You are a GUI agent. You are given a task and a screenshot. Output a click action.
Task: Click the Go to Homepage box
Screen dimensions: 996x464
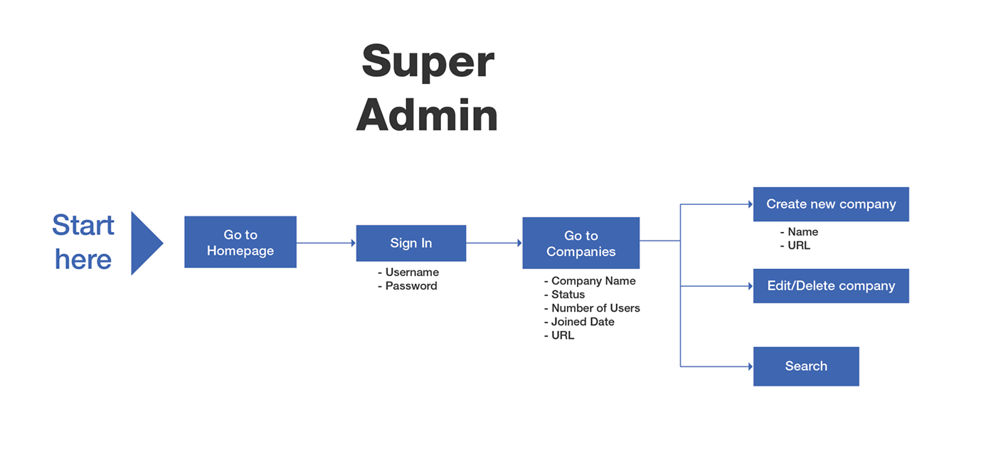[240, 242]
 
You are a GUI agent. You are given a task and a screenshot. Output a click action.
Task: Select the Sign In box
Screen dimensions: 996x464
[411, 243]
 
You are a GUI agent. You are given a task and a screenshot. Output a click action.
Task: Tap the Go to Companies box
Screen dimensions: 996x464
[581, 243]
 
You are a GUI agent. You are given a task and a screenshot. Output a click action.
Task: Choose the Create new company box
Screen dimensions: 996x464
[831, 204]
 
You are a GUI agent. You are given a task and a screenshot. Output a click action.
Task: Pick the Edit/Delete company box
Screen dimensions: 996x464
[831, 286]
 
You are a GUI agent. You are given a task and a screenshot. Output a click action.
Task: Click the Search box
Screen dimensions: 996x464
[806, 367]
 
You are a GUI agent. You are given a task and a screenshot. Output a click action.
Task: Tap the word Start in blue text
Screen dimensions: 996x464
[83, 225]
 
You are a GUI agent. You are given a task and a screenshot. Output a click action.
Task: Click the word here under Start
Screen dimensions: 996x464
[83, 260]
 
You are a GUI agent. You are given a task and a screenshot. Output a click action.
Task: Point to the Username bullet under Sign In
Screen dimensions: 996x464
[408, 273]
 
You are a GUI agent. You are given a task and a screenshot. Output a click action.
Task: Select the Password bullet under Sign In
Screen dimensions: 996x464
[407, 286]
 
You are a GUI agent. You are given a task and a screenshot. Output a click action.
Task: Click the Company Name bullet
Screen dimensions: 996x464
[590, 281]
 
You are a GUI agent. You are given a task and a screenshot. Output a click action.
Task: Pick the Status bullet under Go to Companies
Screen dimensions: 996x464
[564, 295]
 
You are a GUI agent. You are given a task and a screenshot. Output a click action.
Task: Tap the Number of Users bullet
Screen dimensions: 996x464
[592, 308]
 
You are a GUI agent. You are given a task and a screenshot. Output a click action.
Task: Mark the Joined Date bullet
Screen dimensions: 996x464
[579, 322]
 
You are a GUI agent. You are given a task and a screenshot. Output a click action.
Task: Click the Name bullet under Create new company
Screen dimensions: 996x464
[799, 232]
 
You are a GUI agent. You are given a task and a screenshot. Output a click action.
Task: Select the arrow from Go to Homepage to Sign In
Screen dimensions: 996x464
[327, 243]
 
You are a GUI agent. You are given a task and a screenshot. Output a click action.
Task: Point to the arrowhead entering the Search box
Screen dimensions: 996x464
[751, 367]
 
